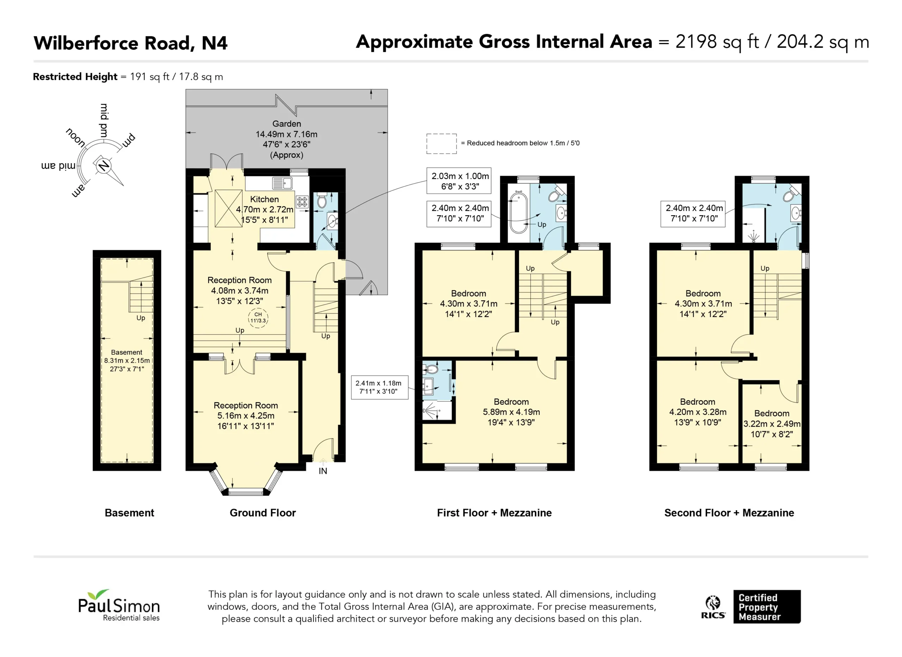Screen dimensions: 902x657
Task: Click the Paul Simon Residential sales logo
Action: point(119,605)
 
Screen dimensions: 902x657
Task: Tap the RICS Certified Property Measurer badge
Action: point(750,607)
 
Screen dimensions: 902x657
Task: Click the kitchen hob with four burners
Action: point(302,202)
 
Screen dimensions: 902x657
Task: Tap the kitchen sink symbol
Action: point(282,183)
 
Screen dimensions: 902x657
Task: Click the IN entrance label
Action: point(323,471)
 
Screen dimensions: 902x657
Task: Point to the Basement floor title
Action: point(129,513)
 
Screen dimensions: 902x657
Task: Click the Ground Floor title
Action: point(263,513)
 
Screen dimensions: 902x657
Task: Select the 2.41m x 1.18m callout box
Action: point(380,387)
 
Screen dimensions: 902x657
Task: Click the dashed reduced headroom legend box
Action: point(441,144)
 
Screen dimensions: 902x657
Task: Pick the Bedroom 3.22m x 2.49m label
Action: point(772,424)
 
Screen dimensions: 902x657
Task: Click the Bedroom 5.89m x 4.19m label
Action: point(511,412)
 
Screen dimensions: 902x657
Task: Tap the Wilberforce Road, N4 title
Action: point(130,43)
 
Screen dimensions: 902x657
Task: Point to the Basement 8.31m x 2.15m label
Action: point(127,360)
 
